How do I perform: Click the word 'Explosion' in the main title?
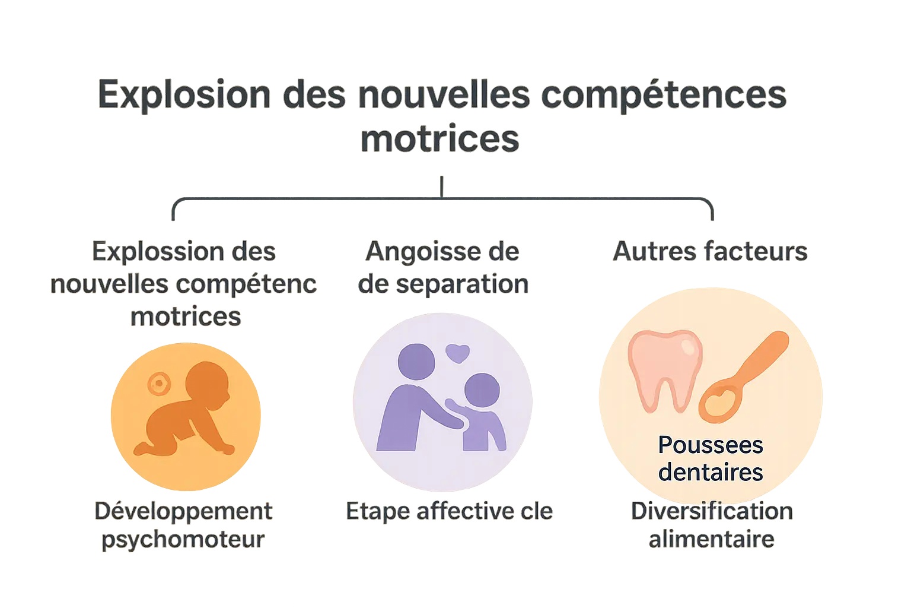(x=184, y=95)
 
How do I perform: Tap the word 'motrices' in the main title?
(x=440, y=139)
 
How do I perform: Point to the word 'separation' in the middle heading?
(x=461, y=284)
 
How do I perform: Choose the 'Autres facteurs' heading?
(x=710, y=251)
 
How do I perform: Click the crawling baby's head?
(x=208, y=384)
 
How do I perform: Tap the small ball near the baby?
(x=158, y=384)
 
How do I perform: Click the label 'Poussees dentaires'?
(x=711, y=458)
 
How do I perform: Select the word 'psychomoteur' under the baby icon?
(x=183, y=539)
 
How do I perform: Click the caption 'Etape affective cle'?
(x=449, y=511)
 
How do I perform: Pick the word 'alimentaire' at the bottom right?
(x=711, y=539)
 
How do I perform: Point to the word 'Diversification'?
(x=711, y=511)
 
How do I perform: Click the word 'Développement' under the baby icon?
(x=183, y=511)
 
